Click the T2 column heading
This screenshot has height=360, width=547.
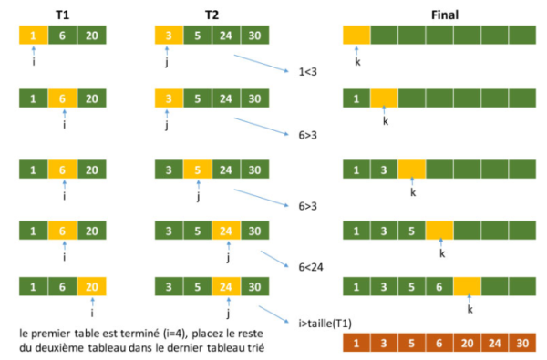211,13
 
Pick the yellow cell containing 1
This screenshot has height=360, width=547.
33,36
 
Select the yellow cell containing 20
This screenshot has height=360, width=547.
92,287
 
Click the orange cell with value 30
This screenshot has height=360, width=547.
523,345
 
